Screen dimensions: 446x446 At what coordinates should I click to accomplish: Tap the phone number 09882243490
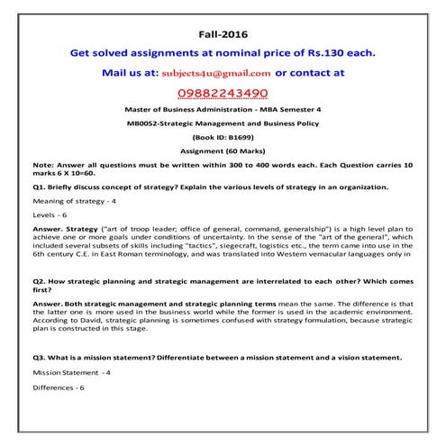[x=222, y=92]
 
